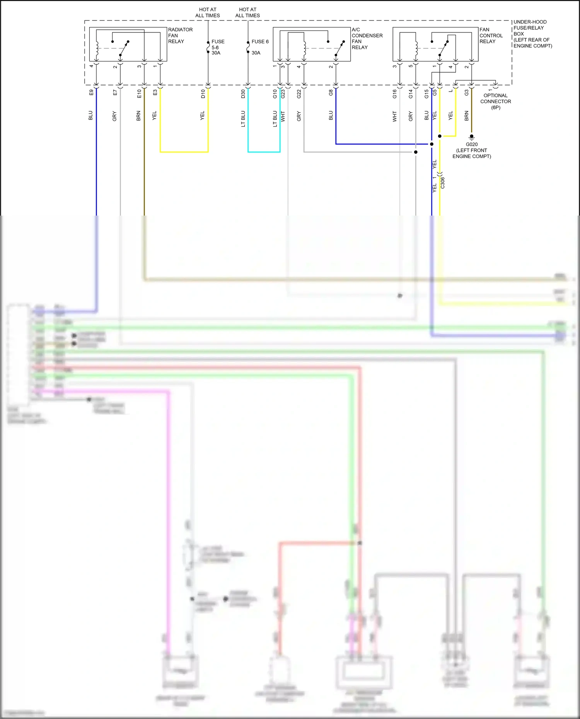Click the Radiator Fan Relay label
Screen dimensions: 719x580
point(180,36)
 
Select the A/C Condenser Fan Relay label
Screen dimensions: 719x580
point(367,38)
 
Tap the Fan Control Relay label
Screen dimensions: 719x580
point(491,36)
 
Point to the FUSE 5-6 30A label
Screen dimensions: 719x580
point(217,47)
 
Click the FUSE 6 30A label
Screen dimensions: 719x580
point(259,47)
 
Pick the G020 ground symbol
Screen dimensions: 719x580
point(471,137)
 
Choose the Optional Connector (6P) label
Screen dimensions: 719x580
point(495,102)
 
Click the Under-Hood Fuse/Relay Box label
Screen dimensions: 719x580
point(532,34)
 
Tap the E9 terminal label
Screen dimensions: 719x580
point(91,93)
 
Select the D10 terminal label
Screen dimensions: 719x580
point(203,93)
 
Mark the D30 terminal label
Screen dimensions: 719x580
point(243,93)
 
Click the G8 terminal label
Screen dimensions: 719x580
point(331,93)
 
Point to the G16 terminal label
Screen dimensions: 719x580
point(395,93)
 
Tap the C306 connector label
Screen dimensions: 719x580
point(443,183)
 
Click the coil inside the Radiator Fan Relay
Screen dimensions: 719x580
point(97,48)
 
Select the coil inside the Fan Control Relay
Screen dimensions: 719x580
point(416,48)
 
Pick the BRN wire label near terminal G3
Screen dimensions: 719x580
point(466,116)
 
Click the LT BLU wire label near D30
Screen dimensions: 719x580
point(243,119)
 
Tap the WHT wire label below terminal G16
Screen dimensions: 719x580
point(395,116)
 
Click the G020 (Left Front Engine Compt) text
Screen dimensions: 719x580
point(472,150)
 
